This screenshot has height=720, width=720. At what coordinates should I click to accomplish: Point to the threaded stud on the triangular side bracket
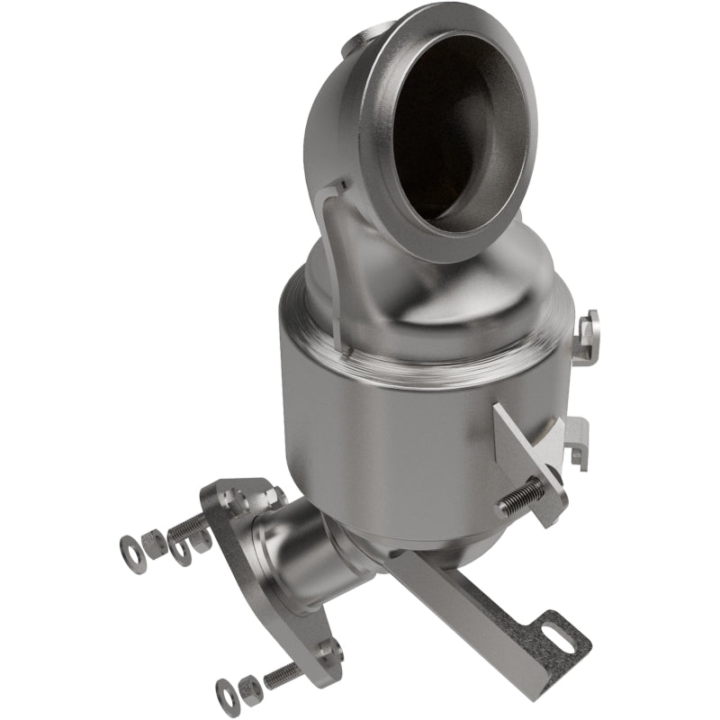coord(522,496)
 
